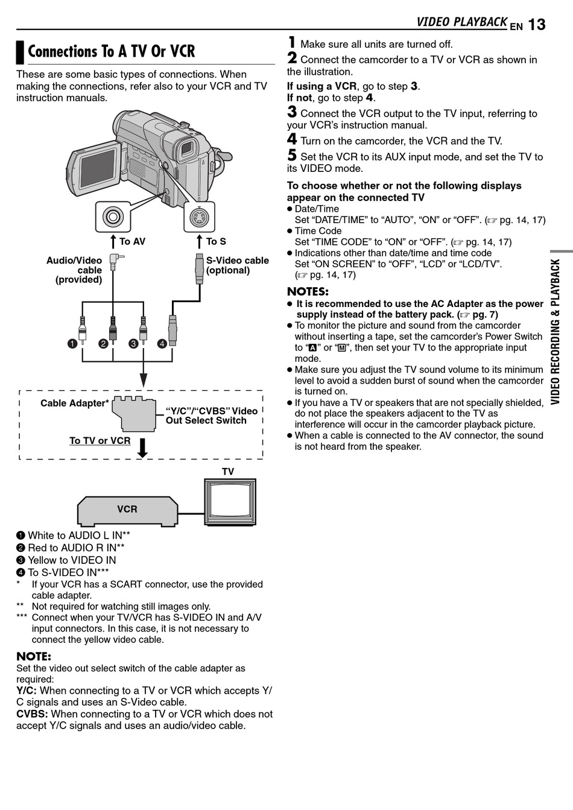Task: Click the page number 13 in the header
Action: pos(536,24)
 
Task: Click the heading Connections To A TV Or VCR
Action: pos(112,52)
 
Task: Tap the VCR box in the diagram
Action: pos(127,510)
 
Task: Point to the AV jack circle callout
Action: pos(113,217)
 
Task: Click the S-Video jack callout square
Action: pos(199,217)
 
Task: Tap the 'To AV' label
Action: pos(132,242)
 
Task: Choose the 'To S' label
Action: pos(216,242)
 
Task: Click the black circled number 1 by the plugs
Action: pos(72,344)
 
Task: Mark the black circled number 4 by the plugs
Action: pos(162,344)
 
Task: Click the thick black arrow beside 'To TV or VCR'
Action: pos(143,448)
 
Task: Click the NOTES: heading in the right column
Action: pos(308,292)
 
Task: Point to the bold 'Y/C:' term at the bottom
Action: pos(27,691)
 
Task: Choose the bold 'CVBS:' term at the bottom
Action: pos(32,714)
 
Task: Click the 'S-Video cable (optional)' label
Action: pos(237,265)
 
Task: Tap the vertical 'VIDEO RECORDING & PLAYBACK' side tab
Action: pos(556,332)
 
